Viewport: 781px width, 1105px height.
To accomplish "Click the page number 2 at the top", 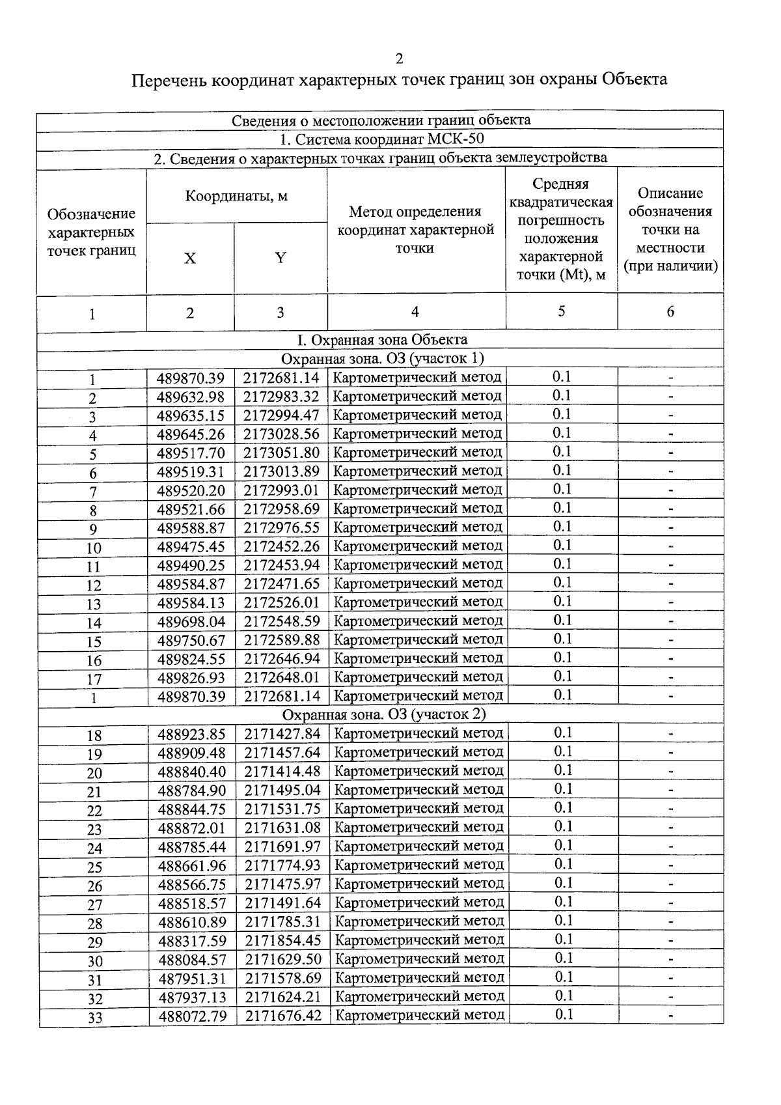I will pyautogui.click(x=399, y=59).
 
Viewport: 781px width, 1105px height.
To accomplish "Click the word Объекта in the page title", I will pyautogui.click(x=634, y=79).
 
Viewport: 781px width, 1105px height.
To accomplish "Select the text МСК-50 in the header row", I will pyautogui.click(x=456, y=139).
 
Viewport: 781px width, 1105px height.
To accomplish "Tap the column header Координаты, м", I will pyautogui.click(x=236, y=196).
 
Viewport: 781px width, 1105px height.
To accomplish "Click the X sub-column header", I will pyautogui.click(x=189, y=259).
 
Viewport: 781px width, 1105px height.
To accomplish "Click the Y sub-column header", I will pyautogui.click(x=280, y=258).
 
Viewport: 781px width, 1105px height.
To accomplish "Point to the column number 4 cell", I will pyautogui.click(x=415, y=312).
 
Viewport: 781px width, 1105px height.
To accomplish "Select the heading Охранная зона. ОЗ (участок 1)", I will pyautogui.click(x=382, y=358).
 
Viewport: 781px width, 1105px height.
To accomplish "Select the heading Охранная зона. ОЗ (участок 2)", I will pyautogui.click(x=383, y=714).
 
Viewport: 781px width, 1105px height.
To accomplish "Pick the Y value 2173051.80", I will pyautogui.click(x=282, y=453).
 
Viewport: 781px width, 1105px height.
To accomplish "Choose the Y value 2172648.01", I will pyautogui.click(x=282, y=677).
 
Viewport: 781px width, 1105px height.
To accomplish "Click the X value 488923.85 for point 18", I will pyautogui.click(x=191, y=734).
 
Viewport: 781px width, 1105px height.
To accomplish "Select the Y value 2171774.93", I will pyautogui.click(x=282, y=865).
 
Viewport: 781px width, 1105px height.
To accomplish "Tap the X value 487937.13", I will pyautogui.click(x=192, y=997).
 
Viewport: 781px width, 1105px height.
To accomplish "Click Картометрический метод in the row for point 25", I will pyautogui.click(x=418, y=865).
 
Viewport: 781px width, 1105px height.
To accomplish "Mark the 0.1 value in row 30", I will pyautogui.click(x=563, y=958).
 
